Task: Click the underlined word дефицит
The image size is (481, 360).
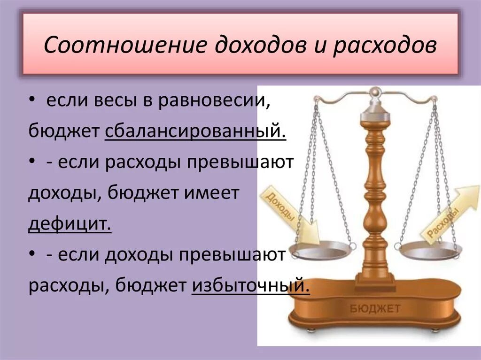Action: click(x=70, y=223)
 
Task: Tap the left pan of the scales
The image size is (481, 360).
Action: click(x=320, y=251)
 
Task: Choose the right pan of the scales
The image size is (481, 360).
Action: click(x=430, y=253)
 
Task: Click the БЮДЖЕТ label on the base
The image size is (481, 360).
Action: click(x=375, y=308)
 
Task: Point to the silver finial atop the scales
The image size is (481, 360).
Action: click(x=374, y=91)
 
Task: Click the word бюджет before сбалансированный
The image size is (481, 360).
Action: click(x=63, y=130)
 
